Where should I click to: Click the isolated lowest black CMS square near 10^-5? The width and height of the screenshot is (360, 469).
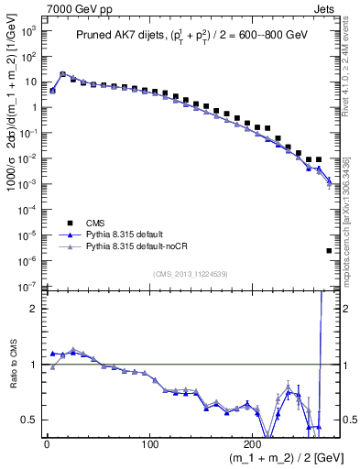point(329,250)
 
